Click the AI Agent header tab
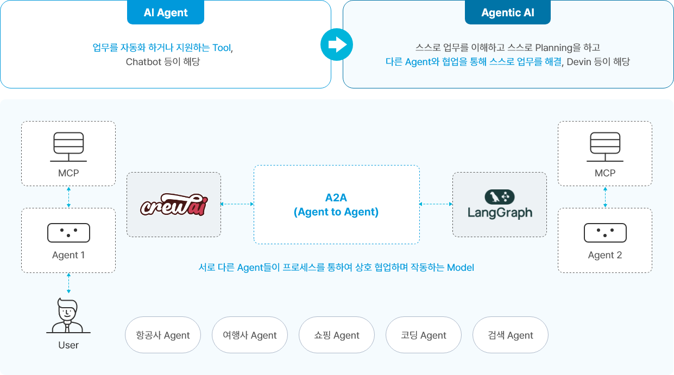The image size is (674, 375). [x=166, y=12]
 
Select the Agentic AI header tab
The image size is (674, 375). [x=507, y=12]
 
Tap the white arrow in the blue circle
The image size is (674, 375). [x=337, y=44]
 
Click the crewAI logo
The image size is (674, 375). [x=174, y=205]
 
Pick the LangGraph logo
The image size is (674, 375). [x=500, y=205]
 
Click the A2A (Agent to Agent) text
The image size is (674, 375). [x=336, y=205]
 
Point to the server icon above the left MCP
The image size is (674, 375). [x=68, y=147]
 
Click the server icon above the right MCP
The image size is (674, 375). [x=605, y=147]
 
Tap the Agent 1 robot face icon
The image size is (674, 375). [x=68, y=233]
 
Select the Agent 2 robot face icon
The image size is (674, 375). [x=605, y=233]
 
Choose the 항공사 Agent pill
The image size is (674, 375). [x=163, y=335]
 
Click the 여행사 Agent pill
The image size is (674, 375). [x=250, y=335]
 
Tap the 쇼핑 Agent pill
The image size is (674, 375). [x=337, y=335]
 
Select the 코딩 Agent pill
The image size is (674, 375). [x=424, y=335]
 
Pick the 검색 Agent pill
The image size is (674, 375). [x=511, y=335]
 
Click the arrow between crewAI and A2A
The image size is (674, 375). [x=237, y=205]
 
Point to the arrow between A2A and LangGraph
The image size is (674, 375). [x=436, y=205]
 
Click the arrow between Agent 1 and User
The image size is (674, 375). [x=68, y=284]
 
